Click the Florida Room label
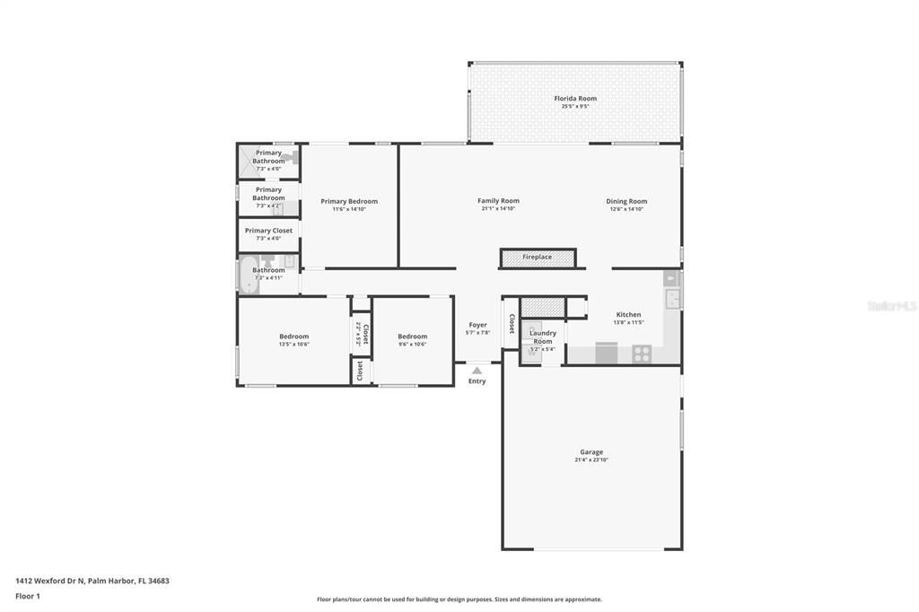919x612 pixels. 574,99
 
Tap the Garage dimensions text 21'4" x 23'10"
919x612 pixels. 591,459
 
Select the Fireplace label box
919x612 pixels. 538,258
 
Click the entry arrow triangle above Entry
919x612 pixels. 477,370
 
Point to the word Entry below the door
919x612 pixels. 477,381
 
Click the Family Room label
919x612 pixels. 498,201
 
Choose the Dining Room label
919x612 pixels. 626,202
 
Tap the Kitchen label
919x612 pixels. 628,315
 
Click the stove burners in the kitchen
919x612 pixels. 641,354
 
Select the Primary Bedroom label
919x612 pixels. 349,201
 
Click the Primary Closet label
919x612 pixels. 268,231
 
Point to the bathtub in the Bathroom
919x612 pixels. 248,274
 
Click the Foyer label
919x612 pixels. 477,325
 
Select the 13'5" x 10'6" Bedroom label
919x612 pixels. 293,337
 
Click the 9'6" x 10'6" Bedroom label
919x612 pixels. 413,337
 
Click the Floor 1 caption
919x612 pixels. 28,596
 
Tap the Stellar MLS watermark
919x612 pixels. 891,306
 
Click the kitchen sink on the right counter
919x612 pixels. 672,298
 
